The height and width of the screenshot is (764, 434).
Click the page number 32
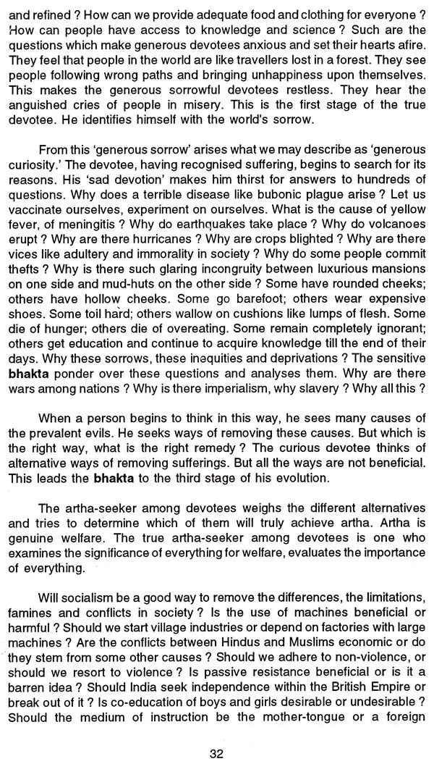coord(216,751)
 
